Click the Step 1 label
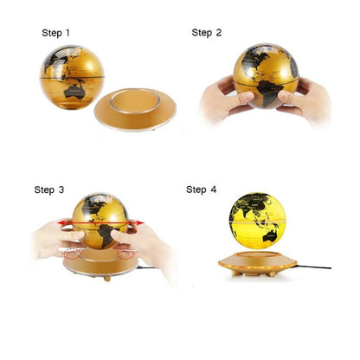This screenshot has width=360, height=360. point(55,33)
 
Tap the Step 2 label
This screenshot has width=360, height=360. point(207,33)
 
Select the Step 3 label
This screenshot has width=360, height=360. point(49,190)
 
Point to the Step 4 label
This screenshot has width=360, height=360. point(201,190)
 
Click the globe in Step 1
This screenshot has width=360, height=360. point(72,77)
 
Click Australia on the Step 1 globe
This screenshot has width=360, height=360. point(74,92)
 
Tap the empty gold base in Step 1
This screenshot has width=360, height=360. point(135,110)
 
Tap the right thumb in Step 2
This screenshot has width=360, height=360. point(289,98)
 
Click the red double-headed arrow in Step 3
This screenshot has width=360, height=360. point(100,222)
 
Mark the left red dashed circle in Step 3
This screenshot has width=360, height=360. point(72,254)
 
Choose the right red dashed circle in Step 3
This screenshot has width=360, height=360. point(126,254)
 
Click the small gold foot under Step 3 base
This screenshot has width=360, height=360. point(107,279)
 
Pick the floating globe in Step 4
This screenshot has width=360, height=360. point(258,221)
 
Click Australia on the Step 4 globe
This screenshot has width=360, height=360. point(270,235)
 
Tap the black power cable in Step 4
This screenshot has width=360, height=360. point(314,266)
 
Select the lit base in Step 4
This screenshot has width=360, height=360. point(257,264)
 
